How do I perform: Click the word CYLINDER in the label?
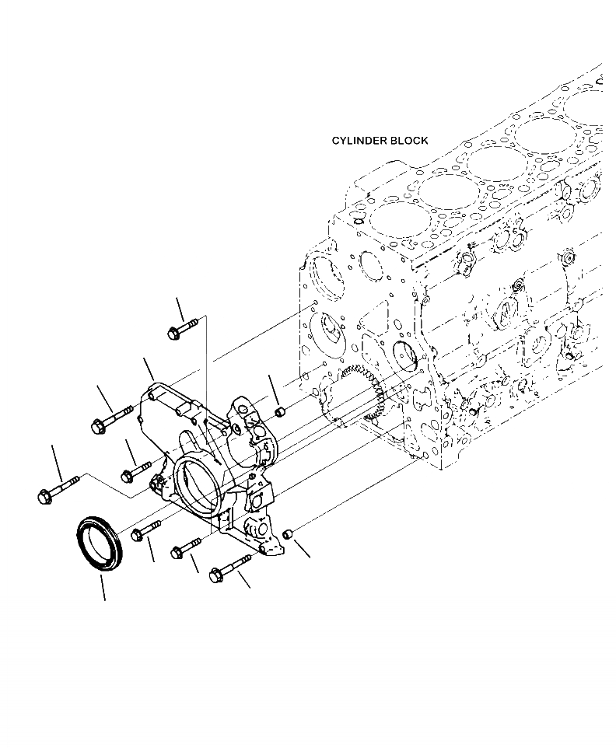(x=359, y=141)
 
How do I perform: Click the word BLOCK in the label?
(x=408, y=141)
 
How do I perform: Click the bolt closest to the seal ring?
(x=145, y=530)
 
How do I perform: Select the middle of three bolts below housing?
(x=187, y=549)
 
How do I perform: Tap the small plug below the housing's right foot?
(x=287, y=533)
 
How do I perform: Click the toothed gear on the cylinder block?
(x=366, y=389)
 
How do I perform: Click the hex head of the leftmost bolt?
(x=44, y=496)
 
